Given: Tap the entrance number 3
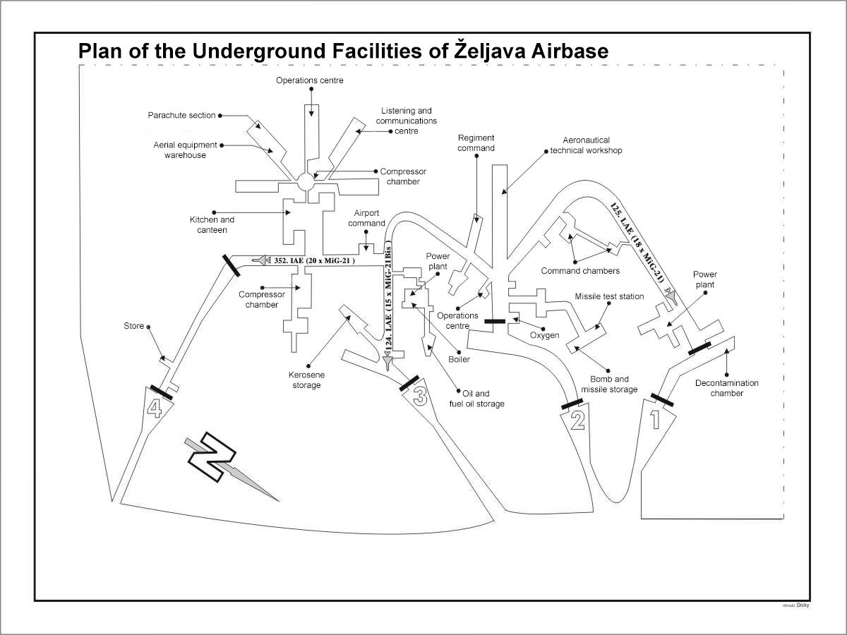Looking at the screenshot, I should [x=419, y=397].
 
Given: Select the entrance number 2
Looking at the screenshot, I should [x=577, y=421].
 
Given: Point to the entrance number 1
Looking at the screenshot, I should [x=654, y=419].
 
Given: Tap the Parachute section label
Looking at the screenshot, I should [x=181, y=115].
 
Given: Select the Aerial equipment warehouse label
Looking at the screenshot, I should [x=181, y=150].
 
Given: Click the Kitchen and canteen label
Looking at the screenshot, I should [x=212, y=224].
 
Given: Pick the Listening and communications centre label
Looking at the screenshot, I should [x=406, y=121].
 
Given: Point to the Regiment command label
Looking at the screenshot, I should [x=476, y=143].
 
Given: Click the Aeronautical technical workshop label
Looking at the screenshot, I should [x=586, y=145].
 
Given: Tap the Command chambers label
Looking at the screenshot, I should [x=580, y=271].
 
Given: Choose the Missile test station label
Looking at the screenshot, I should [x=609, y=296].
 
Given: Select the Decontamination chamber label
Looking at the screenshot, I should [x=727, y=388].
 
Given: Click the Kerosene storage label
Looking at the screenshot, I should [x=306, y=380].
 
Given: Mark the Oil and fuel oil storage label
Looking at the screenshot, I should [x=477, y=399].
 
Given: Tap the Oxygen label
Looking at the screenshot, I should [x=545, y=335].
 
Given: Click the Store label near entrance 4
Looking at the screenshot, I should [x=133, y=326].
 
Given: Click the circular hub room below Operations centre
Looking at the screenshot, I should [x=305, y=181].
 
